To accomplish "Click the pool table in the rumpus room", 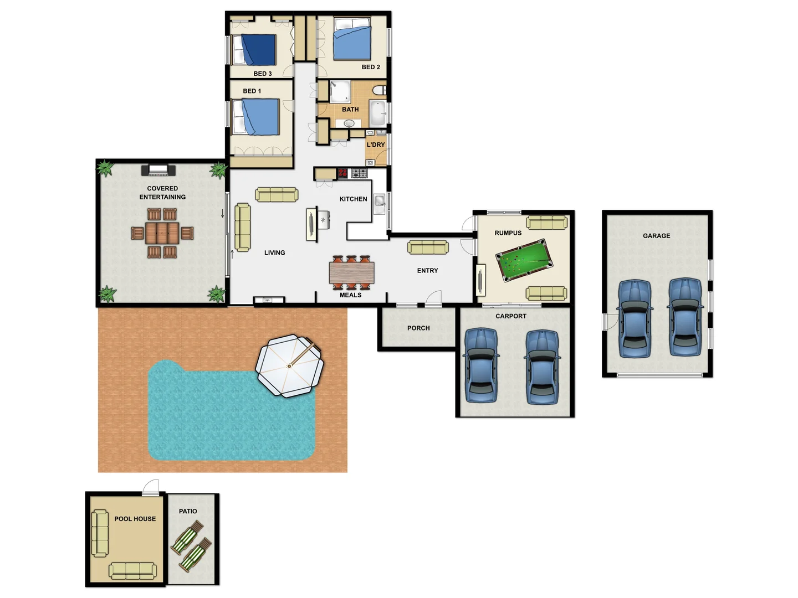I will (524, 261).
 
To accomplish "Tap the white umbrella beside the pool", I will (289, 365).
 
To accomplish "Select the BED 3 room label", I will (262, 74).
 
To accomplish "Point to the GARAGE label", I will (656, 236).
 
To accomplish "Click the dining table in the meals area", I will (351, 272).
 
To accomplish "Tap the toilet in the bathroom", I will (380, 90).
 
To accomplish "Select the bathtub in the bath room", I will (378, 114).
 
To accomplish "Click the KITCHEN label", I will (353, 199).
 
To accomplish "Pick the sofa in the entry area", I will (428, 247).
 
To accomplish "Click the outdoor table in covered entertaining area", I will (162, 233).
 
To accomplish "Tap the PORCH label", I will (418, 328).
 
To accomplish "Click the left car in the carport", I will (480, 365).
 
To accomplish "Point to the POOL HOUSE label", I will (135, 519).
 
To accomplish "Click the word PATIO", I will (188, 512).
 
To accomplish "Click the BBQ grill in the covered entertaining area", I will (158, 169).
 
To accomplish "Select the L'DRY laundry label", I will (375, 145).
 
